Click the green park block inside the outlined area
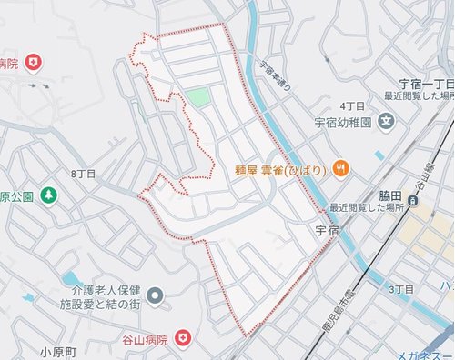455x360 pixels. pos(199,98)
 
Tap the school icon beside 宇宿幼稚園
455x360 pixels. pos(387,121)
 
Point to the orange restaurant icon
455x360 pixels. pos(339,167)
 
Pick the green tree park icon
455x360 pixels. pos(47,196)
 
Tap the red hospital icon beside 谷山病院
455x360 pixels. pos(185,339)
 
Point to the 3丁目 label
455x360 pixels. pos(401,289)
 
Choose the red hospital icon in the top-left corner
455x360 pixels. pos(34,62)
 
